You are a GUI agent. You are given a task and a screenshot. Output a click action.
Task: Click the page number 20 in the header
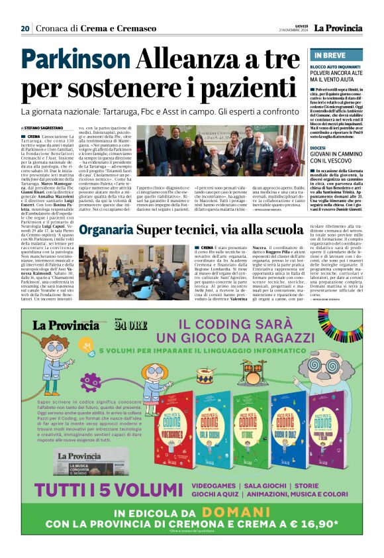pyautogui.click(x=25, y=28)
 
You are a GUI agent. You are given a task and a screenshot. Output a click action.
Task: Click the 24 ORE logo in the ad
pyautogui.click(x=126, y=325)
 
